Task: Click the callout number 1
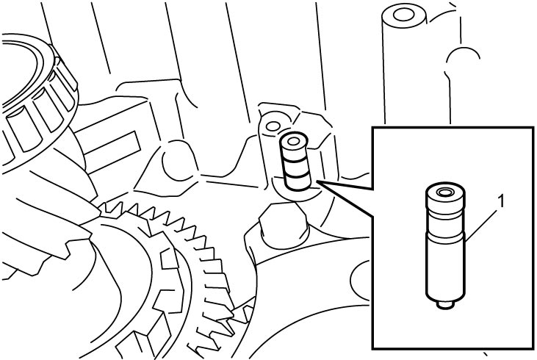pyautogui.click(x=501, y=201)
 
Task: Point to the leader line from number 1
pyautogui.click(x=481, y=226)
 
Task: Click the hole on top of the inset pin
pyautogui.click(x=445, y=192)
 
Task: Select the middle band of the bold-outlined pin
pyautogui.click(x=295, y=167)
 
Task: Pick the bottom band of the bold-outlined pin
pyautogui.click(x=298, y=182)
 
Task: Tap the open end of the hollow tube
pyautogui.click(x=404, y=15)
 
